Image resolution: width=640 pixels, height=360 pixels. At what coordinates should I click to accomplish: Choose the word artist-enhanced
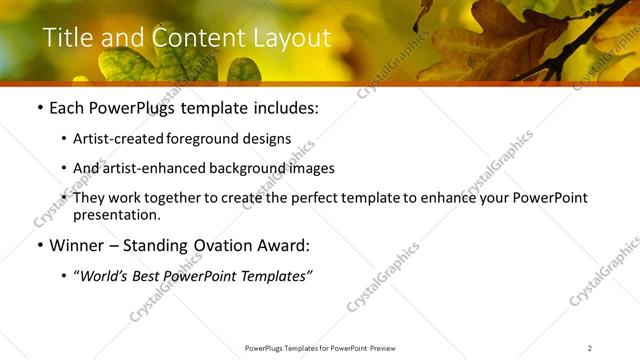coord(151,168)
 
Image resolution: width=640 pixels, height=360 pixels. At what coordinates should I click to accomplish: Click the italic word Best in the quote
coord(149,275)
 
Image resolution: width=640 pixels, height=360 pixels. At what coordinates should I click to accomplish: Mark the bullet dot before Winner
coord(39,246)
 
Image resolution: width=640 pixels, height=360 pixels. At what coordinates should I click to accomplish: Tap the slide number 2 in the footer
coord(590,348)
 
